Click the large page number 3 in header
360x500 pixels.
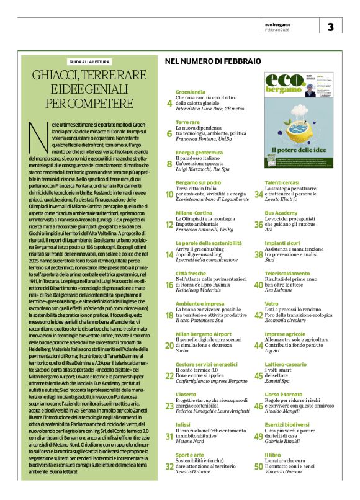331,27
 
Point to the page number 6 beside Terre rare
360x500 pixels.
169,133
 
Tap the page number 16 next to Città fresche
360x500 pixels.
169,285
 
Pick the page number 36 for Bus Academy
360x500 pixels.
258,225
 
